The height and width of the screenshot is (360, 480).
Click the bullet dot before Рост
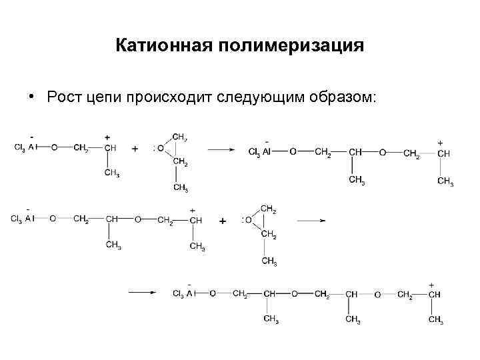click(31, 97)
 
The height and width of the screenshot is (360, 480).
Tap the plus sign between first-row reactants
click(135, 149)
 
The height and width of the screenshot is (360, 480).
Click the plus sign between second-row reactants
click(223, 220)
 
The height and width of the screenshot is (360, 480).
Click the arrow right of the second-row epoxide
click(311, 220)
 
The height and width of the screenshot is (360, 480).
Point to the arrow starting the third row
click(142, 291)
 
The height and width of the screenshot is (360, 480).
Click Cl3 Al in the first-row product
click(259, 153)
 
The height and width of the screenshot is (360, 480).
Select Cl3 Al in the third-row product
click(182, 293)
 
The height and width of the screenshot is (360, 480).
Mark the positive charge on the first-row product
click(440, 143)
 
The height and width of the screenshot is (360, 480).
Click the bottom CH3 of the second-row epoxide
click(269, 261)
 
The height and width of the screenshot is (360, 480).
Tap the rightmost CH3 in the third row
click(436, 320)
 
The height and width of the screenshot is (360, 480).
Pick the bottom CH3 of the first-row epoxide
click(180, 187)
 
